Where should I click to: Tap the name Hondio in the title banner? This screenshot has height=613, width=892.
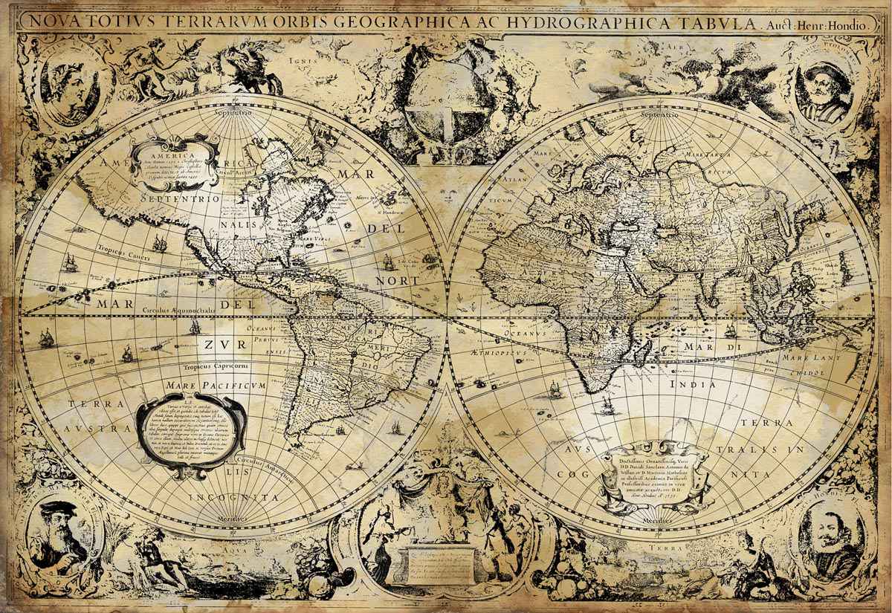845,25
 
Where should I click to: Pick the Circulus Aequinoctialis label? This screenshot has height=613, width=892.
182,309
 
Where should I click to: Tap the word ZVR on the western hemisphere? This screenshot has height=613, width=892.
221,344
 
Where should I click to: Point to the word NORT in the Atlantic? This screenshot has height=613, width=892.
398,281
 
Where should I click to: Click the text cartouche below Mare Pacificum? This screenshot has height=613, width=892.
191,429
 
